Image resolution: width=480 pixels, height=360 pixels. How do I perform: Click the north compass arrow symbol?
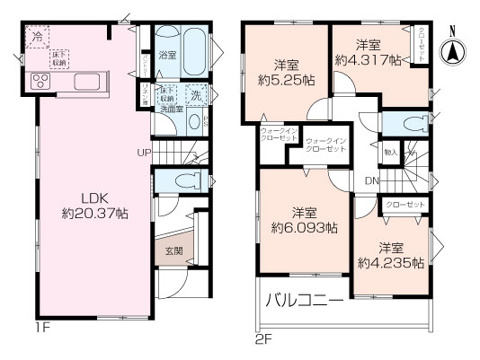tap(455, 44)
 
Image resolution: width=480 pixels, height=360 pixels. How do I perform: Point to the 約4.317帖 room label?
tap(368, 52)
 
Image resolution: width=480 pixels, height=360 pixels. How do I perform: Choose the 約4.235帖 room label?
tap(390, 255)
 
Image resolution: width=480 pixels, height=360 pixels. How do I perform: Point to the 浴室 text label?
tap(169, 56)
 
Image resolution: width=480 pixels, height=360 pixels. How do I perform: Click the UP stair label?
tap(145, 152)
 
